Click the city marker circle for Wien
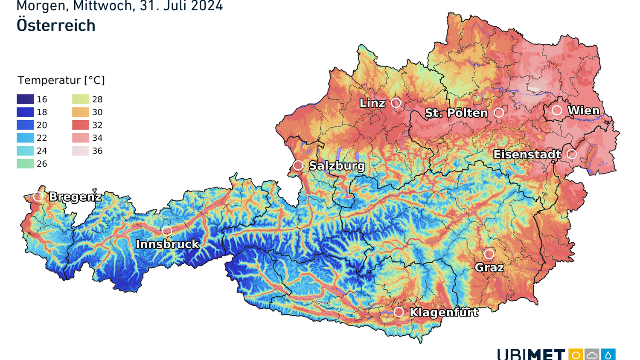[x=557, y=110]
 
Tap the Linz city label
[x=372, y=103]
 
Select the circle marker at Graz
[x=489, y=254]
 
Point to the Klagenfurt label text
[x=444, y=312]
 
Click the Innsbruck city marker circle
[x=167, y=231]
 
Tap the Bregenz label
[x=75, y=197]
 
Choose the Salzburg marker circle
[x=298, y=165]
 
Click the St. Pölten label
[x=456, y=113]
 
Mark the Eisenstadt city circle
[x=572, y=154]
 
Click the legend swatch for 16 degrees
[x=25, y=99]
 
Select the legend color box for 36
[x=81, y=151]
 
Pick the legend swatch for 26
[x=25, y=163]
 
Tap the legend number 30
[x=97, y=112]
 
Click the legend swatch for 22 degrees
[x=25, y=138]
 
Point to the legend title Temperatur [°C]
[x=61, y=80]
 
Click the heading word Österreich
[x=56, y=26]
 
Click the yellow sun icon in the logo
[x=576, y=355]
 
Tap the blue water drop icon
[x=608, y=355]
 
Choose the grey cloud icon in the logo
[x=592, y=355]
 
